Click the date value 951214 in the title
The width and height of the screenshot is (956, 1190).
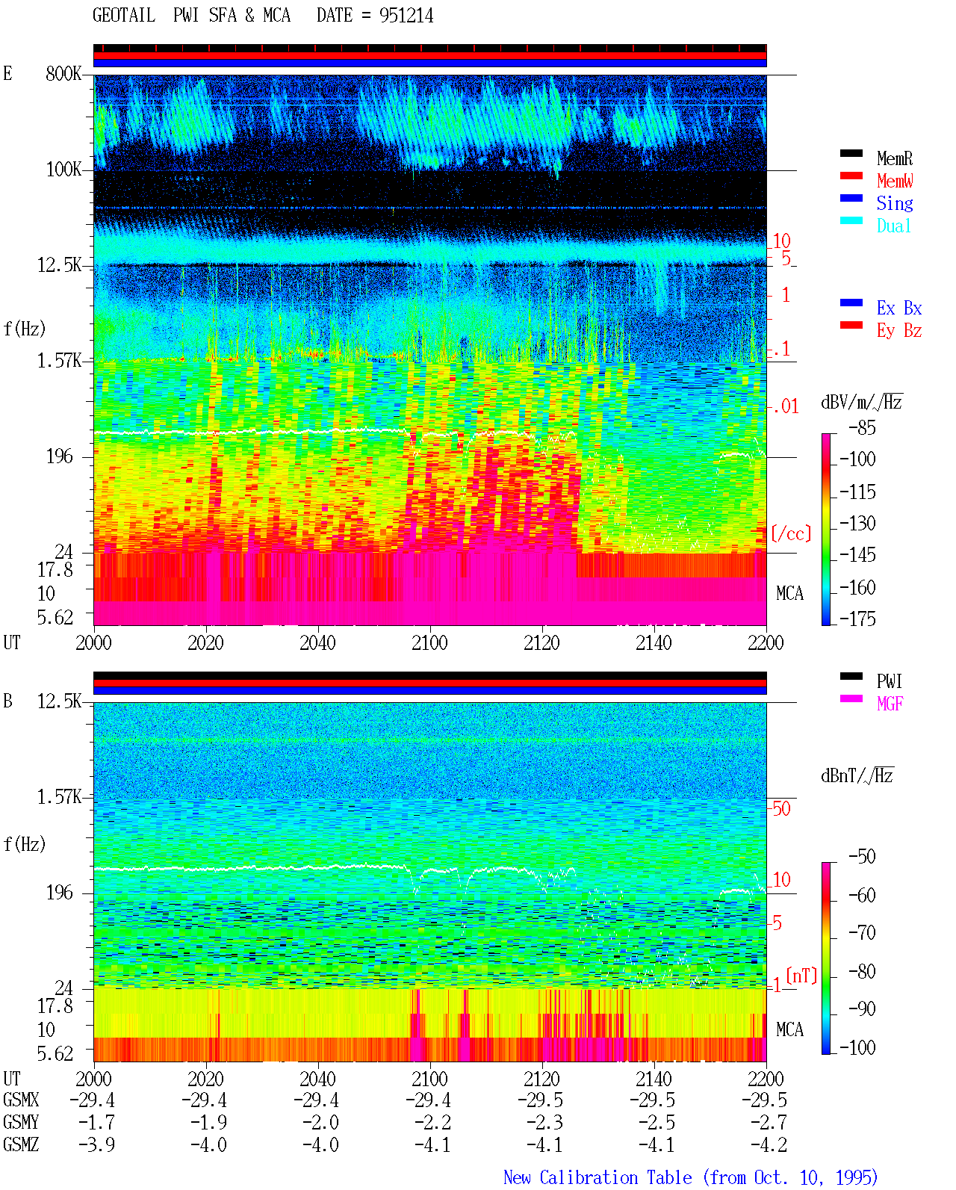pos(406,16)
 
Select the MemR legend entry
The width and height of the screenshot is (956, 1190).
pos(895,158)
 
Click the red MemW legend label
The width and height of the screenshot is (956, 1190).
pos(895,181)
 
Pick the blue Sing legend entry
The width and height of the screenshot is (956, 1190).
pos(895,203)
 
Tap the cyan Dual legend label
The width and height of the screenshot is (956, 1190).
pos(893,226)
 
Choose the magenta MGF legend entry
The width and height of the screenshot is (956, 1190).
pos(890,704)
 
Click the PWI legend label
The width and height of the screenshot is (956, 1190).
pos(889,681)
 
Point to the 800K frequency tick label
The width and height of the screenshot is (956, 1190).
pos(63,73)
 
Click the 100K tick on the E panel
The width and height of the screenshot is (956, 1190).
pos(63,170)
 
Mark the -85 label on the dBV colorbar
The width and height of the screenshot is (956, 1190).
pos(862,427)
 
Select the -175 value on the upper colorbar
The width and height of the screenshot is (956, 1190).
pos(857,619)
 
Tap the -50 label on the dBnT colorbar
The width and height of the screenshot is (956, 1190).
pos(862,857)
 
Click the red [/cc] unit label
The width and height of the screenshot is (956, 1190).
pos(791,533)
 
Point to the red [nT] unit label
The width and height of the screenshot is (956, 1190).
pos(801,976)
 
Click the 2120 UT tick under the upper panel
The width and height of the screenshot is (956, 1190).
pos(542,642)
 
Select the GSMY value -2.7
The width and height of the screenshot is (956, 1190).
pos(769,1122)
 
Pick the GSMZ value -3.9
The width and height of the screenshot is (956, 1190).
pos(97,1144)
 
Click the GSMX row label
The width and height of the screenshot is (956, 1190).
pos(21,1100)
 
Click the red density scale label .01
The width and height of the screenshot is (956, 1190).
pos(785,407)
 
